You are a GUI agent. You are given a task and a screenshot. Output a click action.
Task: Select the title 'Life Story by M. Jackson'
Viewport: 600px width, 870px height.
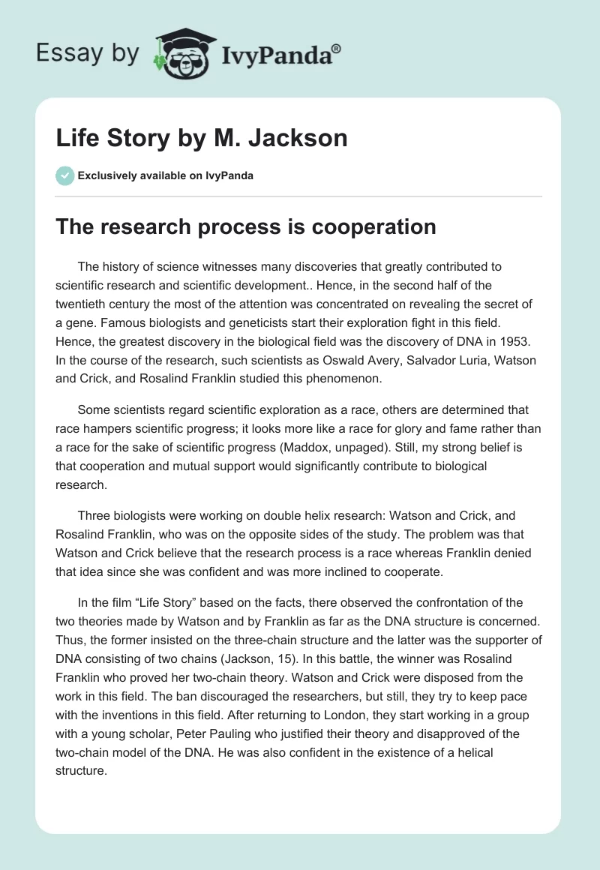point(202,139)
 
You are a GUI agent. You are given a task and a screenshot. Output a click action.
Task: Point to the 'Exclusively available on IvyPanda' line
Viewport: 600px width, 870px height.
point(165,176)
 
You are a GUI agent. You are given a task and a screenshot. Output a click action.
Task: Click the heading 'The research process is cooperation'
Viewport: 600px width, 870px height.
point(245,226)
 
